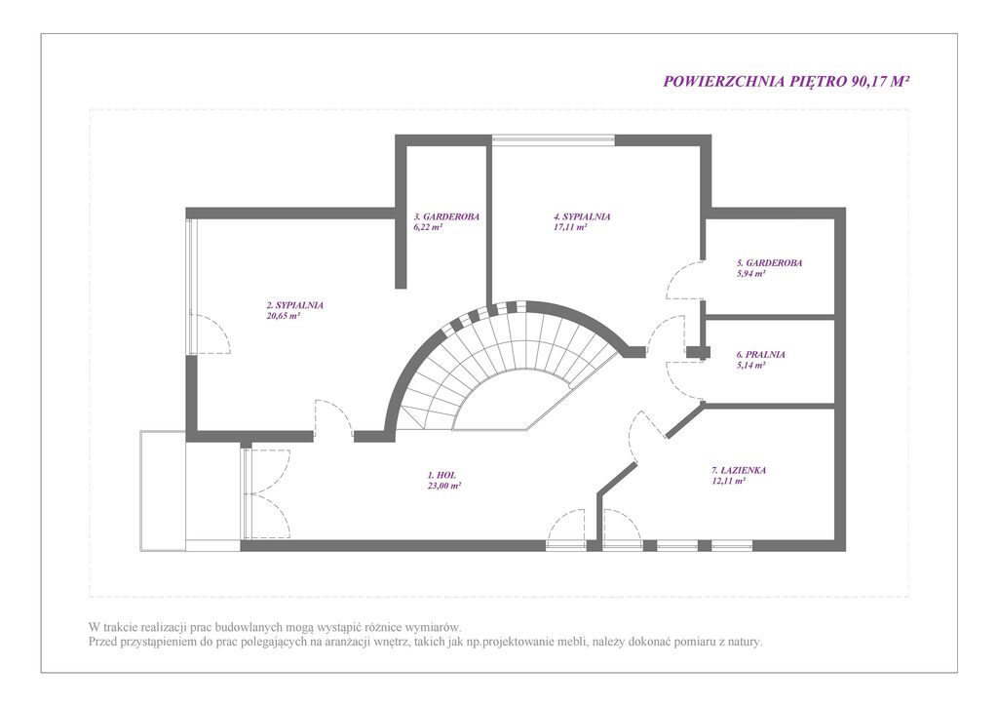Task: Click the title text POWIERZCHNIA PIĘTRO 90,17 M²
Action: tap(787, 82)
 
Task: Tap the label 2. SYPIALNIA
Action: tap(294, 305)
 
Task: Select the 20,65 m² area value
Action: tap(284, 315)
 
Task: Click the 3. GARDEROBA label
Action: tap(446, 216)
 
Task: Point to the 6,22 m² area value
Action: tap(428, 226)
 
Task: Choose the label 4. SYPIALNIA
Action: tap(582, 216)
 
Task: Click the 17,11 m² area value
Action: tap(569, 226)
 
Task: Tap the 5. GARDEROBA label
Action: tap(769, 262)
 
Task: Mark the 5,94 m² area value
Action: tap(750, 273)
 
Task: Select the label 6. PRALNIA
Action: tap(760, 355)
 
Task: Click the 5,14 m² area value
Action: tap(750, 365)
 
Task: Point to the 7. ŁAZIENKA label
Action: tap(739, 470)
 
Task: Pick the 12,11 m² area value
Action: tap(728, 482)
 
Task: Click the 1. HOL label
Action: tap(441, 475)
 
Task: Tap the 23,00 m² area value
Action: tap(444, 485)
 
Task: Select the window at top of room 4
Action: tap(554, 138)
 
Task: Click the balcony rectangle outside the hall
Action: tap(163, 490)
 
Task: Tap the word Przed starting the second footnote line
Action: tap(102, 642)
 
